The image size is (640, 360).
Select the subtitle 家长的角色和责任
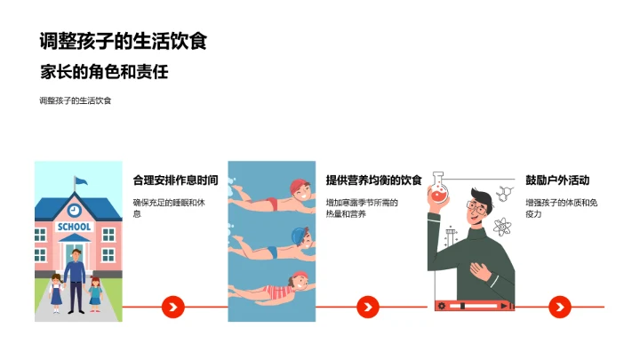point(104,71)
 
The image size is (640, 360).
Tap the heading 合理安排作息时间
point(175,179)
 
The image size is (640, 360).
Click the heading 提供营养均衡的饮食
point(373,179)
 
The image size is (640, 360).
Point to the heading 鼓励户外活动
point(557,179)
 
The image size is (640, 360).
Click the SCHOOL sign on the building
point(74,227)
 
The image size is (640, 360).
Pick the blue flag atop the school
point(81,181)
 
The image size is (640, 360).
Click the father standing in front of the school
point(75,278)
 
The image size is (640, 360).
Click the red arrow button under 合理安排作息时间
point(173,307)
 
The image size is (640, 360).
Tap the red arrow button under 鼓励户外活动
point(558,307)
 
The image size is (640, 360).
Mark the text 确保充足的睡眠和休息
point(169,208)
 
